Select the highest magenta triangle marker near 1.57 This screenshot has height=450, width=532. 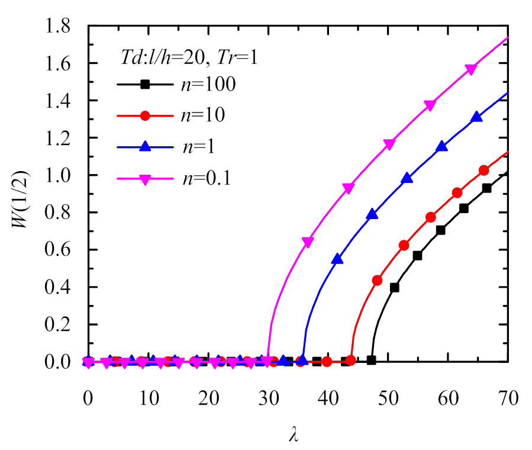pyautogui.click(x=472, y=69)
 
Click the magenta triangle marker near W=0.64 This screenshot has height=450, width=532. pyautogui.click(x=308, y=242)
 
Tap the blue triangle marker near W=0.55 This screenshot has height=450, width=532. pyautogui.click(x=337, y=259)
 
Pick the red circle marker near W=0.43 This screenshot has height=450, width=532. pyautogui.click(x=377, y=280)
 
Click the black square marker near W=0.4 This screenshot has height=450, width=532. pyautogui.click(x=395, y=288)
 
